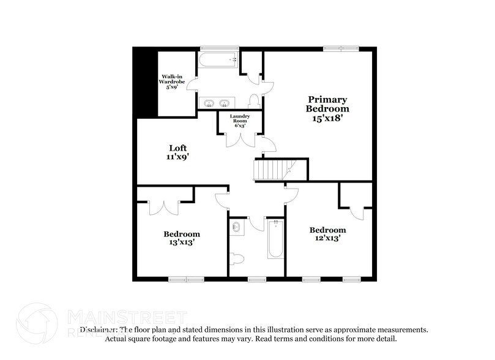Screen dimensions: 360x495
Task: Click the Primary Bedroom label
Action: pyautogui.click(x=327, y=108)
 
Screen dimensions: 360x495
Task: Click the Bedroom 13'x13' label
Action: pyautogui.click(x=181, y=238)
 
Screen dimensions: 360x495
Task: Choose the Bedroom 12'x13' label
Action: pyautogui.click(x=327, y=234)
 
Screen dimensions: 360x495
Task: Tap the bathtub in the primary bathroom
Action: pyautogui.click(x=218, y=60)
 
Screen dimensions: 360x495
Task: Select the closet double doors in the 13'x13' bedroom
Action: pyautogui.click(x=164, y=206)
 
